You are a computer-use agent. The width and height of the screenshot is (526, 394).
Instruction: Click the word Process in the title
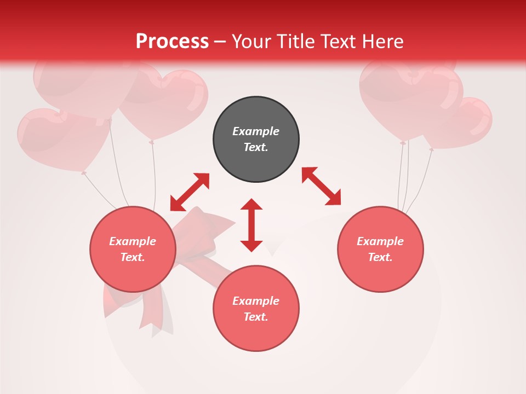[x=172, y=42]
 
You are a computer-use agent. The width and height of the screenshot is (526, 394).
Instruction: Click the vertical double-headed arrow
[x=251, y=225]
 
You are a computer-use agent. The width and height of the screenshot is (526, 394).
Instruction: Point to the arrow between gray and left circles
[x=190, y=192]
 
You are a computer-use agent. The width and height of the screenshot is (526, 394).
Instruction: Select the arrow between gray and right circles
[x=321, y=186]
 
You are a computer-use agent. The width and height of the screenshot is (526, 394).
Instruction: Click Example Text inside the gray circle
[x=256, y=139]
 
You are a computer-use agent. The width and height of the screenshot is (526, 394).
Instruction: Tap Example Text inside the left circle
[x=133, y=249]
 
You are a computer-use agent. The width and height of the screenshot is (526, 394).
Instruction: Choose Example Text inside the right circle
[x=380, y=249]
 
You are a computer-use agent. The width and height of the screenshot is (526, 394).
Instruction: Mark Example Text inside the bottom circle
[x=256, y=309]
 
